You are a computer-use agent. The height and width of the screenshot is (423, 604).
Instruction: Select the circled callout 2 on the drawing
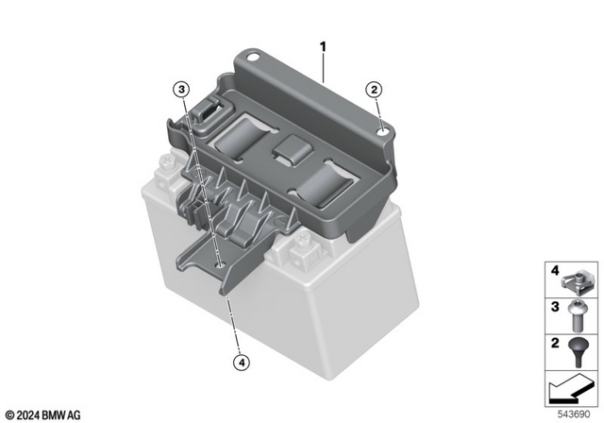[x=375, y=90]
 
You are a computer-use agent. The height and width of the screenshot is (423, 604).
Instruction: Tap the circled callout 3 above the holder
[x=180, y=90]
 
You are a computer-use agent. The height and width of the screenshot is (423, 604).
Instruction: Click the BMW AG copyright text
[x=43, y=414]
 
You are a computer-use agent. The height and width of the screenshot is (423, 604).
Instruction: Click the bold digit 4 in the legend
[x=555, y=273]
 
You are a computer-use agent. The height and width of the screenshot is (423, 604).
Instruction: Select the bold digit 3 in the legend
[x=555, y=307]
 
